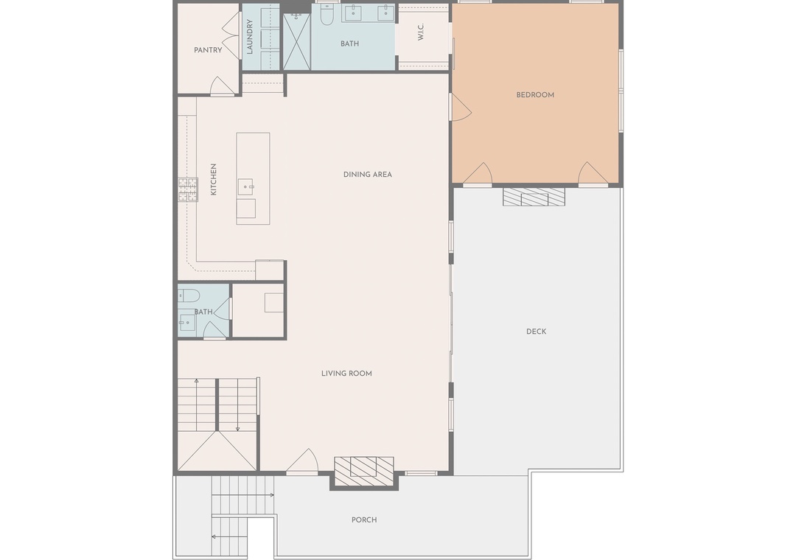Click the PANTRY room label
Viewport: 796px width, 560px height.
[x=208, y=50]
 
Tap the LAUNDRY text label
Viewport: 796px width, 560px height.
[x=249, y=37]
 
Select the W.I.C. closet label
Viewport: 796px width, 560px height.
[x=420, y=32]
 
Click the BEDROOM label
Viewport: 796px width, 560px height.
[x=535, y=95]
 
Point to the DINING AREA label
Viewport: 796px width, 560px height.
[x=368, y=175]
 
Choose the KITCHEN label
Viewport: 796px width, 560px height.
[x=213, y=179]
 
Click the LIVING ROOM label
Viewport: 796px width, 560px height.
[x=346, y=374]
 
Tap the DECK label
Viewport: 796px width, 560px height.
[x=536, y=332]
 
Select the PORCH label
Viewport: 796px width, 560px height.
[x=365, y=520]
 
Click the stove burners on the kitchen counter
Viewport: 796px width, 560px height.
[x=187, y=190]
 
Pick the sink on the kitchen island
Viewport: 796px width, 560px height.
[x=245, y=187]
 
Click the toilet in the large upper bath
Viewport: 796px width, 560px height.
[x=327, y=15]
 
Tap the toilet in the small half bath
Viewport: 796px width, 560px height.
[x=188, y=295]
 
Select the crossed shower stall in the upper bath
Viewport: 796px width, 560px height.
[x=296, y=41]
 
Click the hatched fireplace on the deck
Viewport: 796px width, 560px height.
[x=534, y=197]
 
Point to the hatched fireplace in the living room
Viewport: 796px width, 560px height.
[x=363, y=471]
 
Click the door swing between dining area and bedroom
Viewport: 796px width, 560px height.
[x=461, y=107]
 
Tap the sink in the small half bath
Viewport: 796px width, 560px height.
[x=186, y=322]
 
